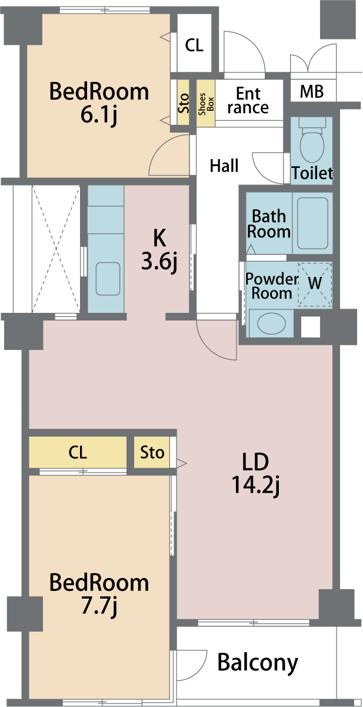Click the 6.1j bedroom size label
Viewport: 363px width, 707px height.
click(x=99, y=114)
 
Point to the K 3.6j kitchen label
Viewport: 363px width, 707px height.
click(x=159, y=250)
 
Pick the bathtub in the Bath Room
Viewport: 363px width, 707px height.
click(x=312, y=223)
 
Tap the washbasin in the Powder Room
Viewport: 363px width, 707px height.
click(x=271, y=323)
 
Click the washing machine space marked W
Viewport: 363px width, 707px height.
click(x=315, y=284)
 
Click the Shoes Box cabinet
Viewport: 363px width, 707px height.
click(x=206, y=103)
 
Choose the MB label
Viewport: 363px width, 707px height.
click(x=312, y=91)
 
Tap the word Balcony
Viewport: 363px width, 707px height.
click(x=258, y=662)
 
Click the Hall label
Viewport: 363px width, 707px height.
click(x=224, y=166)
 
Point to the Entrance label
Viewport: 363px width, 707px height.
click(x=248, y=100)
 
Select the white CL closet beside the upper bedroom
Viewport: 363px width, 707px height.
click(x=194, y=43)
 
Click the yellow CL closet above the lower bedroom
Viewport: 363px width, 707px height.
click(x=78, y=452)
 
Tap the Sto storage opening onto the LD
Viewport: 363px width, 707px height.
click(x=152, y=452)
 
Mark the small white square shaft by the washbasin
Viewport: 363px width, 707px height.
click(x=311, y=326)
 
